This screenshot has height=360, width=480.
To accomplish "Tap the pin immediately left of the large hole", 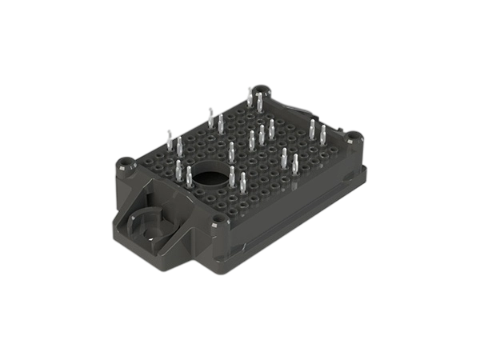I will [x=189, y=175].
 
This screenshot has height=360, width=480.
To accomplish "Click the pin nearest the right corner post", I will [x=322, y=133].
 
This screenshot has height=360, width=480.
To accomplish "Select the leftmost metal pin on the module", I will [x=169, y=139].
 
